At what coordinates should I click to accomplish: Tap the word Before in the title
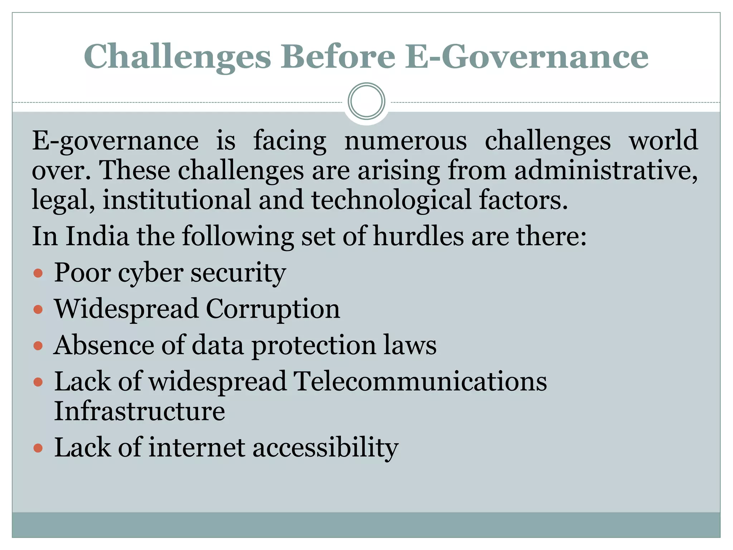tap(338, 57)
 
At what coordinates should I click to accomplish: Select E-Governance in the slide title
tap(526, 57)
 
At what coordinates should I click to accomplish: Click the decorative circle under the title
tap(366, 101)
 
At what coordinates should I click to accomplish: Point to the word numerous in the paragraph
tap(406, 140)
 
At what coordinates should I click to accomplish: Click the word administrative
tap(606, 170)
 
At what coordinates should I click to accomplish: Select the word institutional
tap(177, 200)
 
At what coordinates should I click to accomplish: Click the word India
tap(97, 236)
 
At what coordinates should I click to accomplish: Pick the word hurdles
tap(418, 236)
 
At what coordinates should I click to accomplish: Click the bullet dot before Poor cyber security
tap(38, 274)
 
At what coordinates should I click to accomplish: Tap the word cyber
tap(150, 274)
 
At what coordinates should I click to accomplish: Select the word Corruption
tap(273, 309)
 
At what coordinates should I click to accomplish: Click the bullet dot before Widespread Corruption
tap(38, 309)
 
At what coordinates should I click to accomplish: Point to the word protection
tap(314, 346)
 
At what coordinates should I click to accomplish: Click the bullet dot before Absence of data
tap(38, 346)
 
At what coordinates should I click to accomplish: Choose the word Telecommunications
tap(420, 381)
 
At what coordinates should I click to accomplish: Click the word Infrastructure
tap(140, 411)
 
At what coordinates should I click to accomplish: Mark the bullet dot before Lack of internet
tap(38, 448)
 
